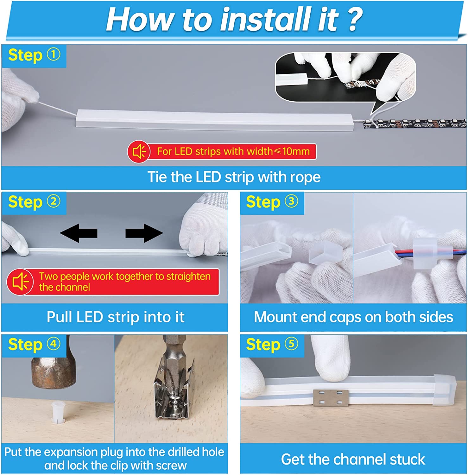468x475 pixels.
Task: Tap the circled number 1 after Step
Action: tap(54, 54)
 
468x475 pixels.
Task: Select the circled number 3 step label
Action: tap(291, 201)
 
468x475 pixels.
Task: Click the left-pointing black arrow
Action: tap(79, 233)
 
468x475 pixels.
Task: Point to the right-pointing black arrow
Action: tap(144, 233)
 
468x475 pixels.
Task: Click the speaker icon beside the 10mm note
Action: tap(139, 152)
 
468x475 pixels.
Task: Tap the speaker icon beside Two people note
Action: tap(20, 282)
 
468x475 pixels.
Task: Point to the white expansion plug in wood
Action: tap(57, 412)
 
